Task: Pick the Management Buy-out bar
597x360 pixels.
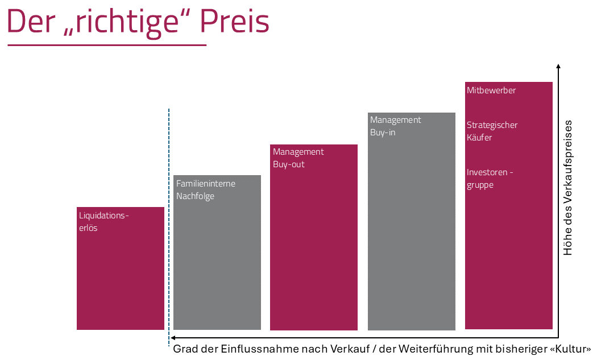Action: [314, 250]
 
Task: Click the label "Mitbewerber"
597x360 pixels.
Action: [491, 90]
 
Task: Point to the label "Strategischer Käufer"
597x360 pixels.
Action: [492, 131]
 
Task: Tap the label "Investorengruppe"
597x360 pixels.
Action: [490, 179]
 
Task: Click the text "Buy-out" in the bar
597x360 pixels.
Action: [289, 164]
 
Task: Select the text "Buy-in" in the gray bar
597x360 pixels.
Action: [383, 133]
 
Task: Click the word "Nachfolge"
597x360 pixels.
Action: [195, 196]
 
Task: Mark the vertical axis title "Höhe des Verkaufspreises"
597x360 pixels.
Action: [568, 188]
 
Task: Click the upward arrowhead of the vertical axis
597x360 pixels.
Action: [559, 67]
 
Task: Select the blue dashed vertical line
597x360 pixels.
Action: [169, 227]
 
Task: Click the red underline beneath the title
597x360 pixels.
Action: [106, 45]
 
